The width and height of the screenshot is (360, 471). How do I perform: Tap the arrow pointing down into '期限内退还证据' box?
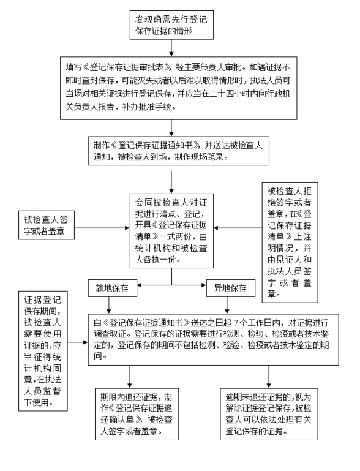click(x=130, y=376)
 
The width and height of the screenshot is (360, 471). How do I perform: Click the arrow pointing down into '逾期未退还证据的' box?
click(x=268, y=376)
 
